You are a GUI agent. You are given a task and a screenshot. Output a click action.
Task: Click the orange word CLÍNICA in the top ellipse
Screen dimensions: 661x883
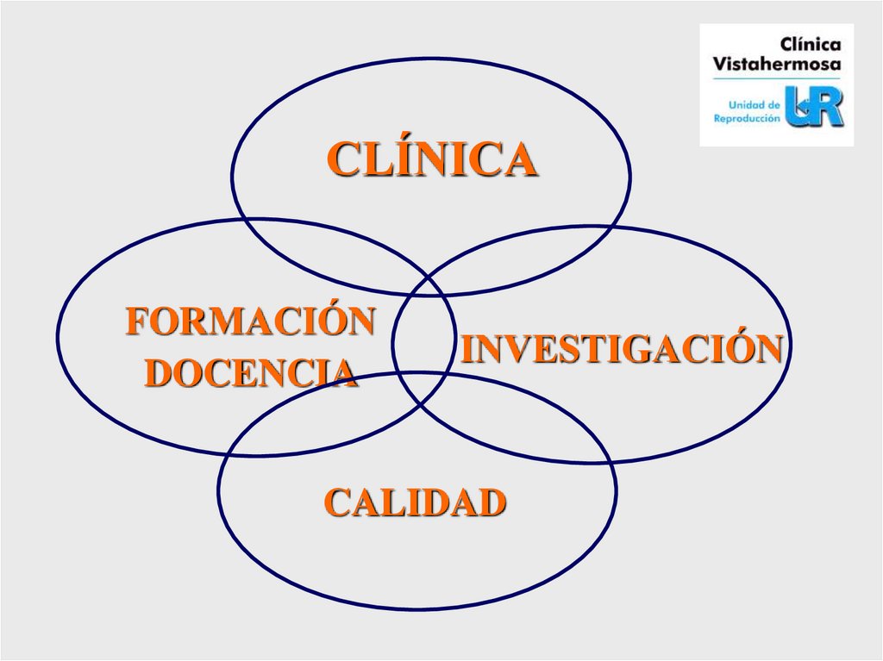pyautogui.click(x=432, y=160)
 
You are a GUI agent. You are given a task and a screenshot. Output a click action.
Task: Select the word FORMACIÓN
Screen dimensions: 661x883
pyautogui.click(x=250, y=321)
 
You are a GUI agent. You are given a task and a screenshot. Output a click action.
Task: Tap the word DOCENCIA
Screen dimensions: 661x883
pyautogui.click(x=250, y=372)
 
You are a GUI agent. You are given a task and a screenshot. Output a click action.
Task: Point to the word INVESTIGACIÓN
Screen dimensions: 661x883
pyautogui.click(x=621, y=349)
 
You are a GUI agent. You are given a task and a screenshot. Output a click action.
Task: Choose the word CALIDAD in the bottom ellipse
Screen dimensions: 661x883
pyautogui.click(x=415, y=502)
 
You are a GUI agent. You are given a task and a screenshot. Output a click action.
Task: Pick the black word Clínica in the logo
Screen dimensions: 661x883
pyautogui.click(x=810, y=44)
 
